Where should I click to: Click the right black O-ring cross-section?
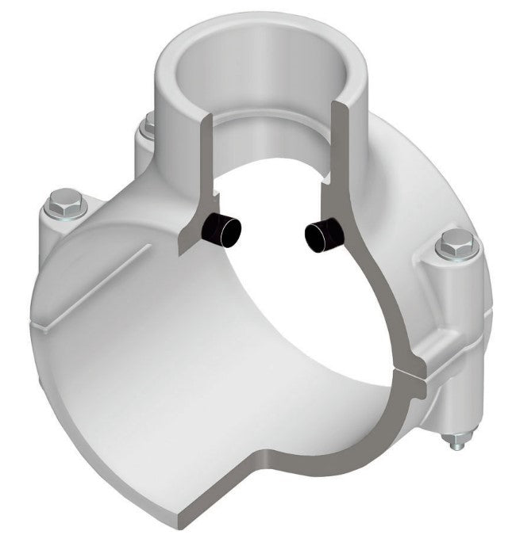[x=324, y=235]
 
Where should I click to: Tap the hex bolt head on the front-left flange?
[x=62, y=202]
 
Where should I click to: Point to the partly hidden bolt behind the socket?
[x=148, y=124]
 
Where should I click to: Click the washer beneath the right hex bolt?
[x=455, y=255]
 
